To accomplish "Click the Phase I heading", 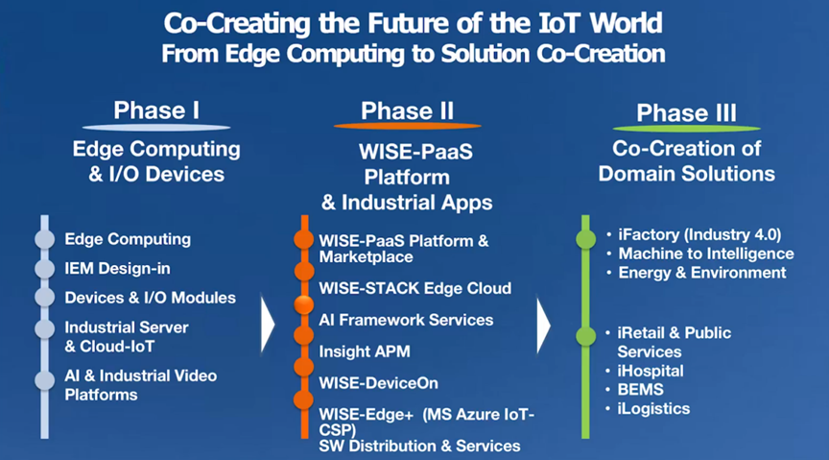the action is coord(156,110).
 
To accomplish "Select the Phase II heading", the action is coord(407,110).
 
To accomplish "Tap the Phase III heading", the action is coord(686,112).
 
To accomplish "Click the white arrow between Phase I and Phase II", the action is coord(268,324).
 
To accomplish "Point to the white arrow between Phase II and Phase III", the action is coord(543,325).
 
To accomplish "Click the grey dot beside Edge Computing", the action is coord(45,239).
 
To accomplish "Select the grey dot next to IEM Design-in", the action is coord(45,268).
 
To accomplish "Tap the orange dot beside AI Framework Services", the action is coord(303,304).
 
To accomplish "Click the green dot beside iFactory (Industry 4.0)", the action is coord(586,239).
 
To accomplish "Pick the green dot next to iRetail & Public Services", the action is coord(586,336).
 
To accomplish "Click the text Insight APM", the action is coord(365,351).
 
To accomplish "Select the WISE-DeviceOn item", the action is coord(379,383).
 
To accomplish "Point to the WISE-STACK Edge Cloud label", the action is coord(415,288).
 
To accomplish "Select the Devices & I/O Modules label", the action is coord(150,298).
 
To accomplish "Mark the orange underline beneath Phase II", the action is coord(407,126).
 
